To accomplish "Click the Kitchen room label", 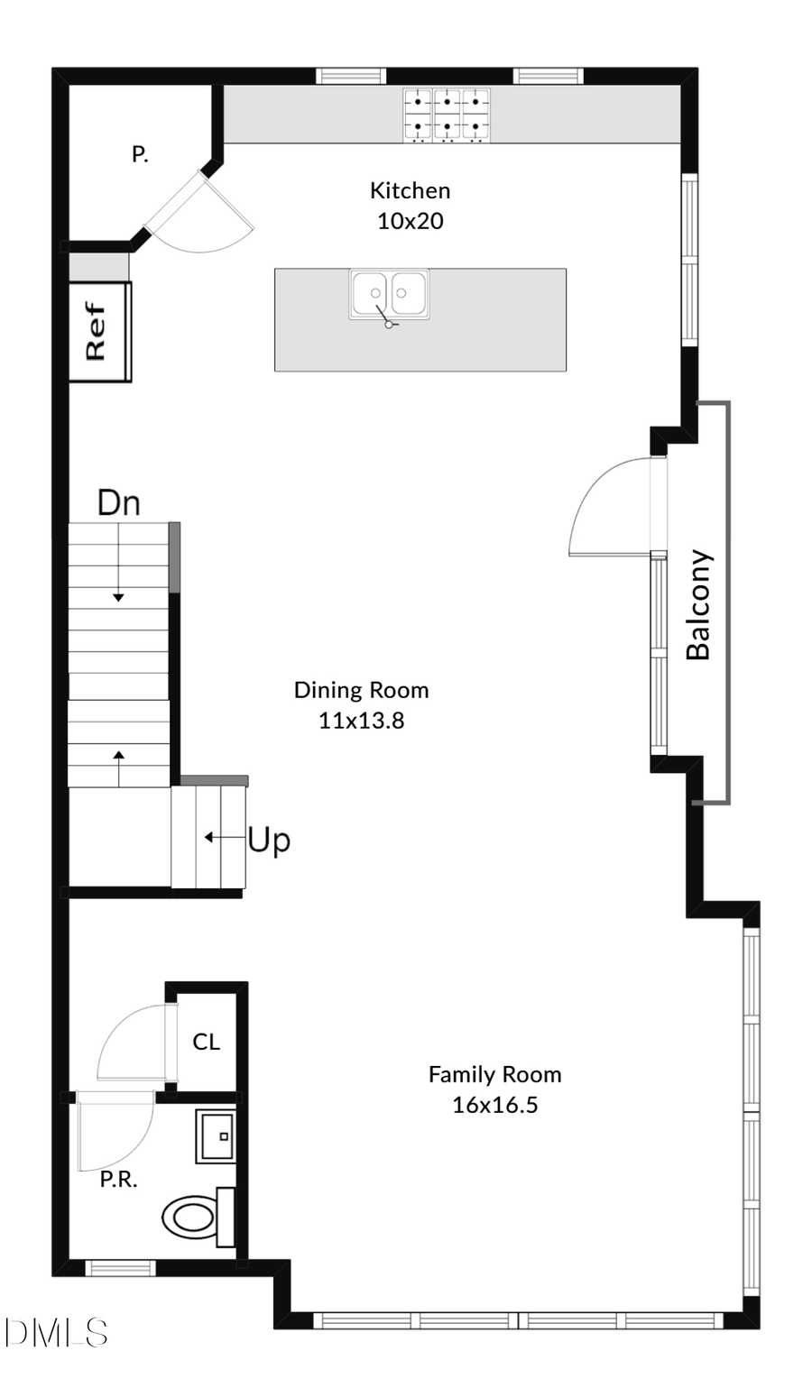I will tap(410, 190).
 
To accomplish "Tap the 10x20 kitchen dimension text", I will tap(410, 221).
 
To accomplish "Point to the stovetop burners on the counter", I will tap(447, 115).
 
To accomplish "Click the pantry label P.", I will tap(140, 154).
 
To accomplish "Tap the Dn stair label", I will tap(118, 502).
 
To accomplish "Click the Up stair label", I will tap(269, 840).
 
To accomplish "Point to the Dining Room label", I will tap(361, 690).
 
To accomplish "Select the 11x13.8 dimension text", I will tap(361, 721).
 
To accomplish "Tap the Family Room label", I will tap(494, 1074).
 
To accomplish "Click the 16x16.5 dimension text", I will tap(494, 1105).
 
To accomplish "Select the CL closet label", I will tap(206, 1042).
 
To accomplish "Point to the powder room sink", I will tap(216, 1136).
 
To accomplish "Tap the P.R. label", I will tap(118, 1180).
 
